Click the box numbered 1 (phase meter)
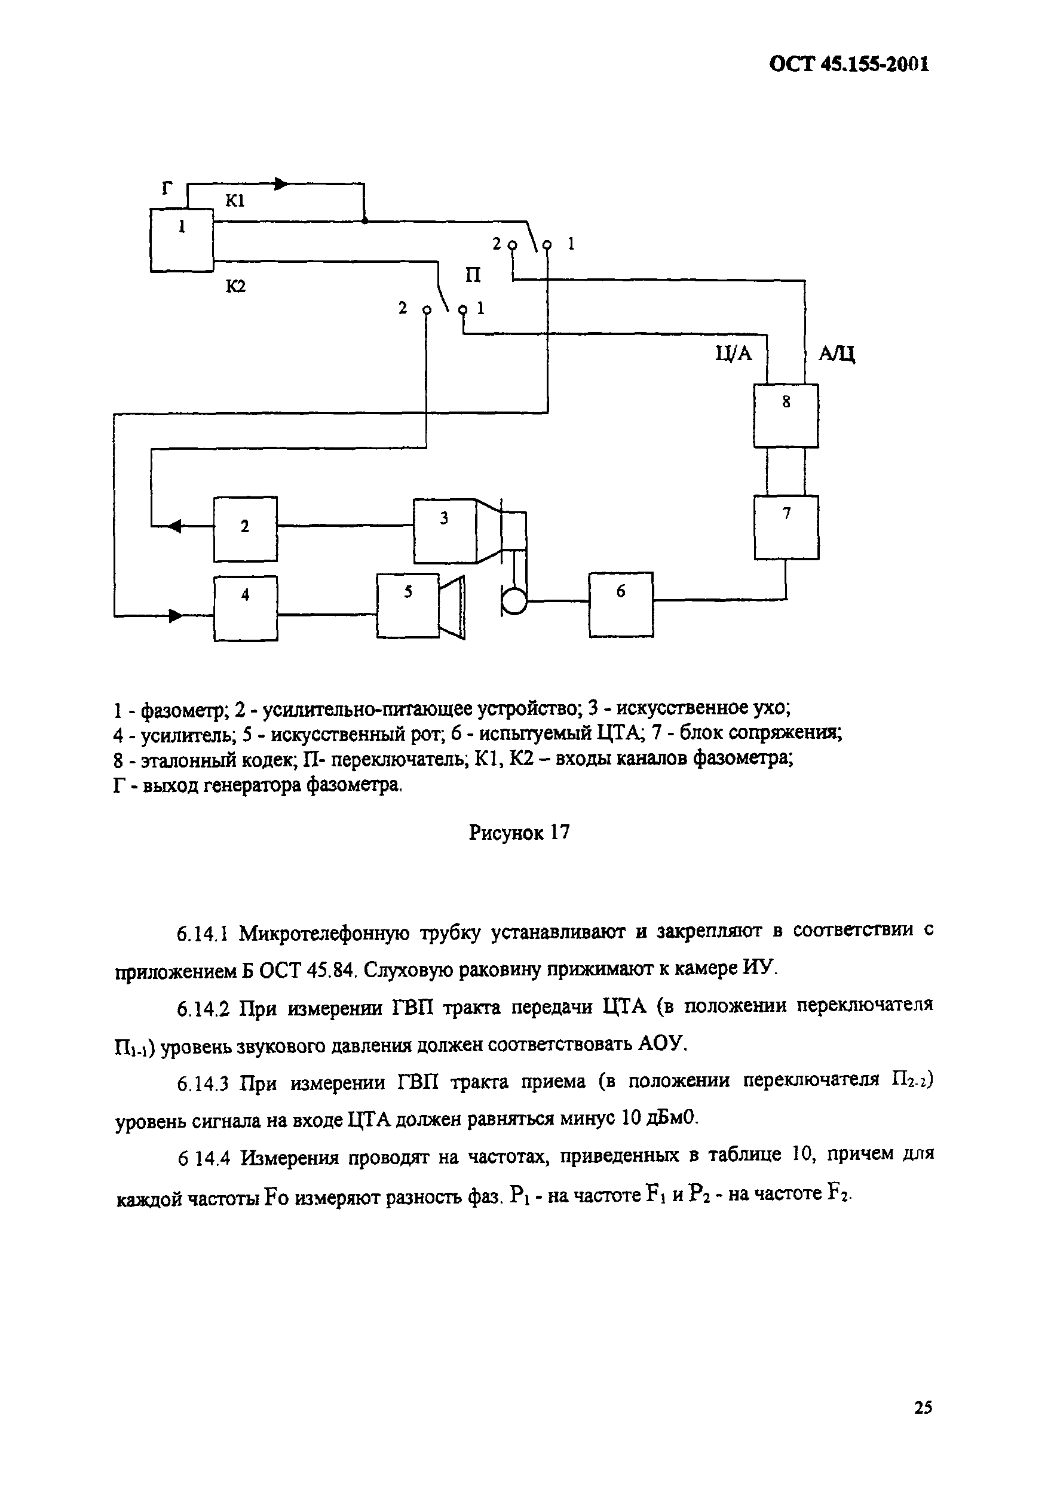click(x=182, y=240)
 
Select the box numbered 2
click(x=245, y=529)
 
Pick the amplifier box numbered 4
click(x=246, y=607)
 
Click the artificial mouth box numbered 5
click(x=408, y=605)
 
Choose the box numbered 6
click(x=621, y=604)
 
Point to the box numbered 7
click(x=786, y=527)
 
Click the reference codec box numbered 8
click(x=786, y=416)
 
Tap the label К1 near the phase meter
click(x=234, y=201)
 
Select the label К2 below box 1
click(x=236, y=286)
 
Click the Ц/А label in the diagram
click(x=733, y=354)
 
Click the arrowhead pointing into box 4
click(x=176, y=615)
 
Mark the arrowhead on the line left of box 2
click(x=174, y=526)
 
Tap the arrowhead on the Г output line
click(x=280, y=185)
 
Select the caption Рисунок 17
click(x=519, y=832)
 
